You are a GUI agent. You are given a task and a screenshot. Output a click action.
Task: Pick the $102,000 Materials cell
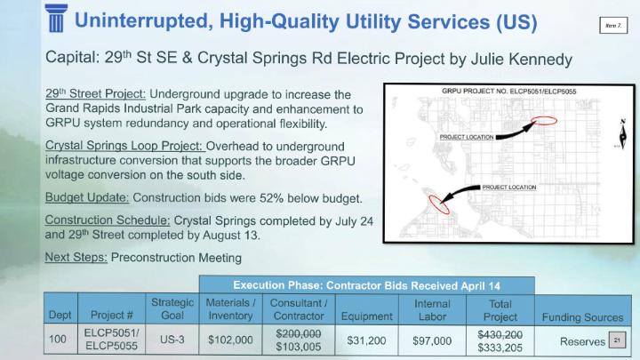230,340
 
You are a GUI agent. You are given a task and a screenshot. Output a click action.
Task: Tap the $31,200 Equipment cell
365,340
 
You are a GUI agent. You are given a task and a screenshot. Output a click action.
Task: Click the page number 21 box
613,340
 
